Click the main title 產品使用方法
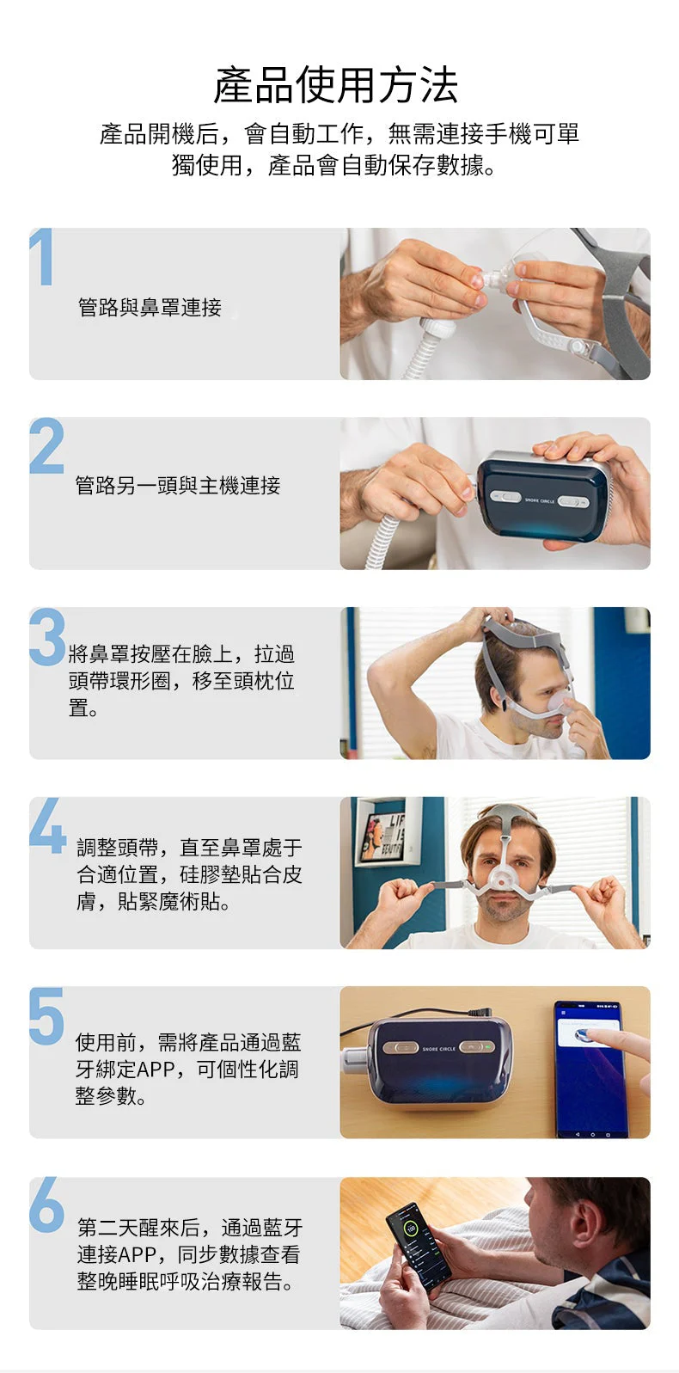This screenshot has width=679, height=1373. pyautogui.click(x=336, y=85)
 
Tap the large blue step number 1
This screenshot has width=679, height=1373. pyautogui.click(x=41, y=256)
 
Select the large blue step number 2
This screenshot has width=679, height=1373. pyautogui.click(x=46, y=445)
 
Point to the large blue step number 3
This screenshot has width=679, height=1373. pyautogui.click(x=47, y=637)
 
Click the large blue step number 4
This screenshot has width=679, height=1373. pyautogui.click(x=47, y=825)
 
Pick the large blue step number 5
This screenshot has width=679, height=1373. pyautogui.click(x=46, y=1015)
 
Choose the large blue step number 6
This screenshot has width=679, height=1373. pyautogui.click(x=46, y=1204)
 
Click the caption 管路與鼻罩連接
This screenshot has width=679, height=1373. pyautogui.click(x=150, y=307)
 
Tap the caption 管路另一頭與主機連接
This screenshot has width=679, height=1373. pyautogui.click(x=178, y=486)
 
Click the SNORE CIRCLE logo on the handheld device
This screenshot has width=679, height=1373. pyautogui.click(x=539, y=500)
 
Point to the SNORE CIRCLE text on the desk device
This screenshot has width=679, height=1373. pyautogui.click(x=439, y=1049)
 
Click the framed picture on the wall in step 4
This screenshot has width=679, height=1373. pyautogui.click(x=387, y=831)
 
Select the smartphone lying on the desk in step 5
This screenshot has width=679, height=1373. pyautogui.click(x=590, y=1069)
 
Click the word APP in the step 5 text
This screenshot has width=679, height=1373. pyautogui.click(x=156, y=1069)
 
